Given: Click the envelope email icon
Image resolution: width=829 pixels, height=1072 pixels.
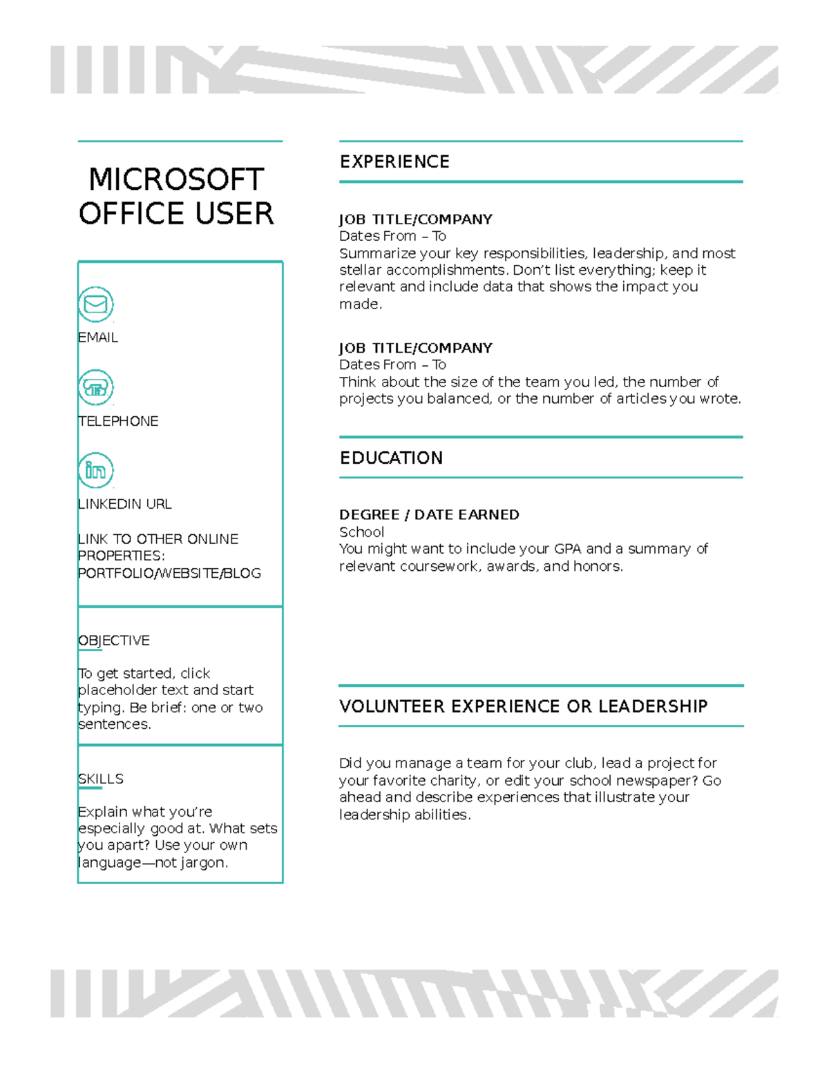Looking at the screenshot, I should coord(95,304).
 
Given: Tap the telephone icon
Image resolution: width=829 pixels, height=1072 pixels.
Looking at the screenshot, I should coord(95,388).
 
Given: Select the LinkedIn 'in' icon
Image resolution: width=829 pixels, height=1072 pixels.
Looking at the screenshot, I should coord(95,471).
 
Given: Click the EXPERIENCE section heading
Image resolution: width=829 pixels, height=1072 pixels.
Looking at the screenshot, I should coord(394,162).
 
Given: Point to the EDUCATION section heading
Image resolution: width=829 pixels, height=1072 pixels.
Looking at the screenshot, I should coord(391,458).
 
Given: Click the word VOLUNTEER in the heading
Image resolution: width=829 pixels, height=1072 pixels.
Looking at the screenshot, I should coord(392,707).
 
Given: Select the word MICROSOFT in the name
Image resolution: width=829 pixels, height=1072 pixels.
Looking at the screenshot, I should coord(176,179).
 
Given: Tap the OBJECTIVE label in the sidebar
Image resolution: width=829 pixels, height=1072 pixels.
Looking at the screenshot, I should coord(114,641).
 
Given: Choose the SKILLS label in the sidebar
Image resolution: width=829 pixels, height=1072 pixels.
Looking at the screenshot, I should coord(101,779).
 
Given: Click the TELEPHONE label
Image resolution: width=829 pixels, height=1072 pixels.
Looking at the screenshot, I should coord(118,421).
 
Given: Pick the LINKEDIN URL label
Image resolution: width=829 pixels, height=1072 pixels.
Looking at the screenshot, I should coord(125,504).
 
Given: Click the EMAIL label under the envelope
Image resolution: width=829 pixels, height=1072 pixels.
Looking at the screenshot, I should coord(98,338).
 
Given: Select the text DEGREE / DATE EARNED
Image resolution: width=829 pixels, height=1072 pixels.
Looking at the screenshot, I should coord(429,515).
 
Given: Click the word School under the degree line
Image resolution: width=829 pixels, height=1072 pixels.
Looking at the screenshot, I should coord(361,532).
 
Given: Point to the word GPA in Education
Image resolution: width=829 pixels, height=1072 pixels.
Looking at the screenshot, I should coord(568,549).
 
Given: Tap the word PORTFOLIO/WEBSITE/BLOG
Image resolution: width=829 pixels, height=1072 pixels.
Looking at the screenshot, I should coord(169,574).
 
